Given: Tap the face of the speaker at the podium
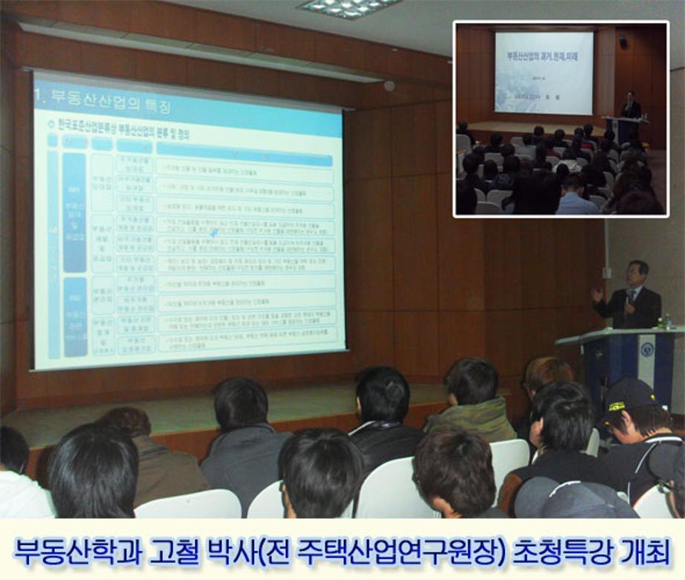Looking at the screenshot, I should pyautogui.click(x=637, y=274).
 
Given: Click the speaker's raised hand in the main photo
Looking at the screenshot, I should pyautogui.click(x=597, y=294).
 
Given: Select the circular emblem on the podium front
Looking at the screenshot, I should pyautogui.click(x=646, y=350).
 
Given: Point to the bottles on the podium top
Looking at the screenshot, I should pyautogui.click(x=663, y=322).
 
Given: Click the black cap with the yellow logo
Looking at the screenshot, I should pyautogui.click(x=629, y=394).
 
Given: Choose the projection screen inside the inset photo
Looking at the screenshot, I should pyautogui.click(x=544, y=72).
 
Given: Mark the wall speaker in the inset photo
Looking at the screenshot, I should pyautogui.click(x=622, y=42).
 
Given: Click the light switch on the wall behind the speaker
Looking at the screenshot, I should pyautogui.click(x=607, y=273).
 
